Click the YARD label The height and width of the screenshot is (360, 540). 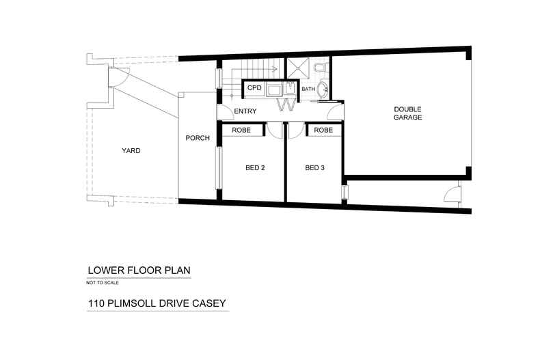131,151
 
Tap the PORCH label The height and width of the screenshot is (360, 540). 198,139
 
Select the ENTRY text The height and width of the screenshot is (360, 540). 245,111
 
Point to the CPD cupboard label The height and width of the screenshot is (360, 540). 254,88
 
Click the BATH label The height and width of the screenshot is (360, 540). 308,89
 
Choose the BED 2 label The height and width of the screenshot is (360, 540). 255,168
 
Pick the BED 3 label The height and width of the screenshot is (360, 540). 314,168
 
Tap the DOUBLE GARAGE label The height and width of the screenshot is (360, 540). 407,113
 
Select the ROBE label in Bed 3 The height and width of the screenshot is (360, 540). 323,130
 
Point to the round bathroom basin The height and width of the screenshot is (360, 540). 325,89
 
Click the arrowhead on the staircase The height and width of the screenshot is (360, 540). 273,69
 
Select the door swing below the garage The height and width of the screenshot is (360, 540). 453,195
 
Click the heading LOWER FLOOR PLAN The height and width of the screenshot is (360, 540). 139,271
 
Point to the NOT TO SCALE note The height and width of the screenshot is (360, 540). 103,282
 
